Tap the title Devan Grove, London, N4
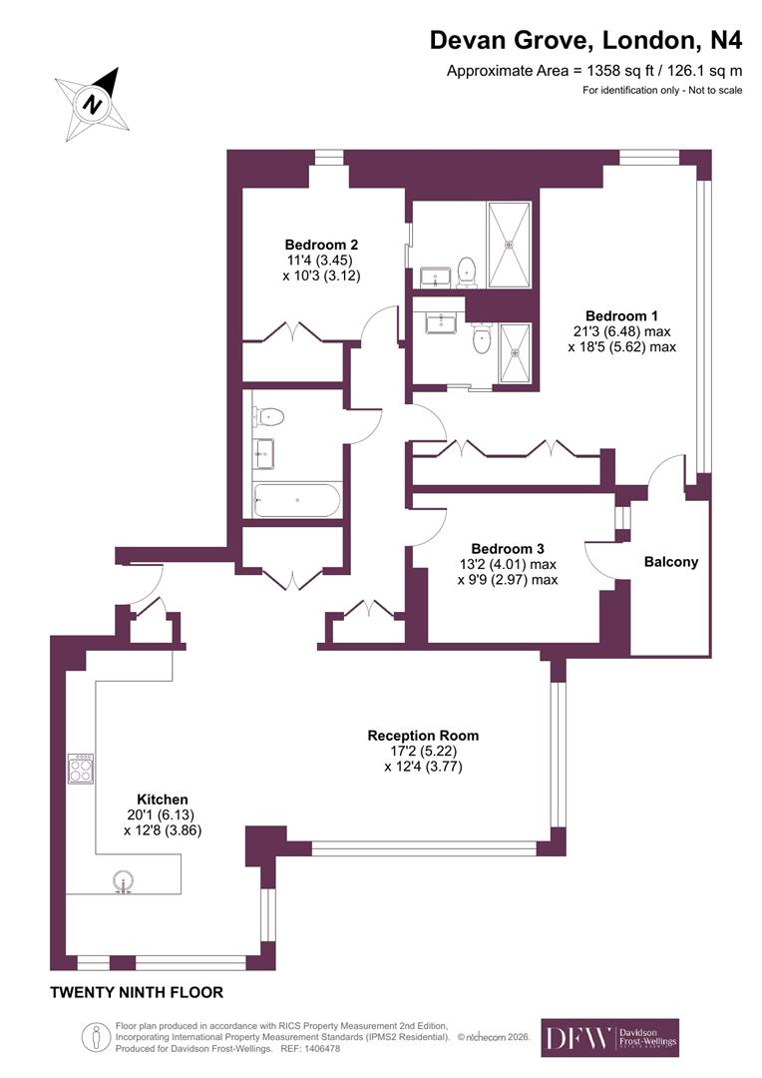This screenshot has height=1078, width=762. pyautogui.click(x=585, y=40)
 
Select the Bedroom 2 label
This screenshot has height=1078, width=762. pyautogui.click(x=321, y=245)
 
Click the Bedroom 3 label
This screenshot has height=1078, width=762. pyautogui.click(x=508, y=548)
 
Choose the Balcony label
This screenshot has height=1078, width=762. pyautogui.click(x=671, y=562)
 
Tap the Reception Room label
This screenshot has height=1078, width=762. pyautogui.click(x=423, y=736)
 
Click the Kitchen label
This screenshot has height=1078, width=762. pyautogui.click(x=163, y=800)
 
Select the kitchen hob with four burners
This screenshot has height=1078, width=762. pyautogui.click(x=81, y=769)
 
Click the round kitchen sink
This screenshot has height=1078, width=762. pyautogui.click(x=124, y=882)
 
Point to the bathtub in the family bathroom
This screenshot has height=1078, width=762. pyautogui.click(x=297, y=499)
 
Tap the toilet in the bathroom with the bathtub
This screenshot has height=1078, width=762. pyautogui.click(x=270, y=416)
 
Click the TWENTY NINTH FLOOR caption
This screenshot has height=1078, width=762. pyautogui.click(x=137, y=992)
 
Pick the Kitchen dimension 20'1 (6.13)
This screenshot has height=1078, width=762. pyautogui.click(x=163, y=814)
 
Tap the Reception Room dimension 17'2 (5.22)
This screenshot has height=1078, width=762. pyautogui.click(x=423, y=752)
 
